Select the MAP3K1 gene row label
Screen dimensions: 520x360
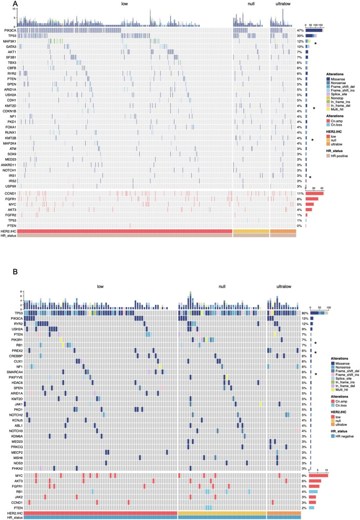[9, 41]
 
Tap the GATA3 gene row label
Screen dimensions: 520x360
[11, 46]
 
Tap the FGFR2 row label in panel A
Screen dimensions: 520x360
[10, 215]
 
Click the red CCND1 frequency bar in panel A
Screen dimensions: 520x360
[314, 193]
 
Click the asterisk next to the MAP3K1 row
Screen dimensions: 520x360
[315, 43]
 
